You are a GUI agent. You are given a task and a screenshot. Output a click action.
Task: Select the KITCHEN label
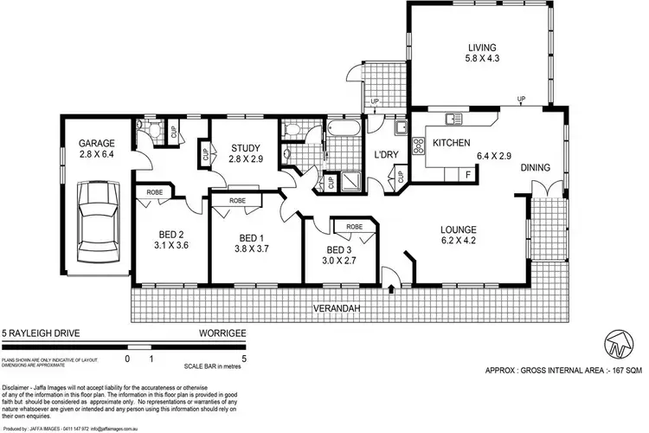coord(451,143)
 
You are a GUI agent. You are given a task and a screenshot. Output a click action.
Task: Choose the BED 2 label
coord(170,234)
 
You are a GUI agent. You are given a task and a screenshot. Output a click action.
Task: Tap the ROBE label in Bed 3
coord(354,227)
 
